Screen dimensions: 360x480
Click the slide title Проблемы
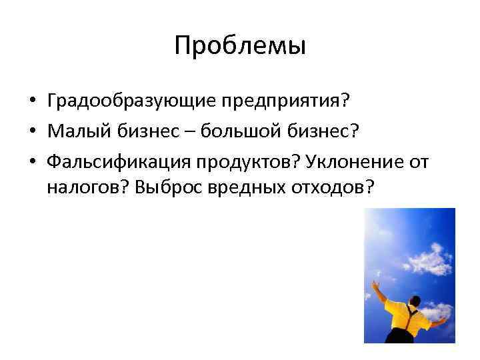coord(240,46)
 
